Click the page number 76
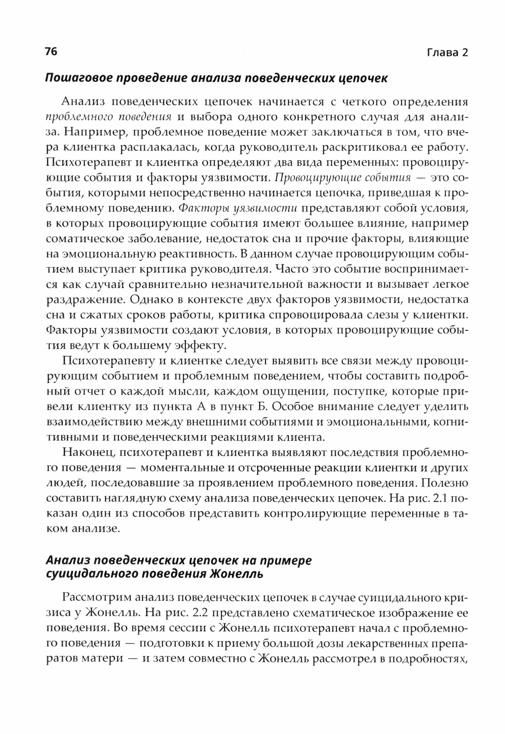click(51, 52)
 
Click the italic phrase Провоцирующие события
click(343, 178)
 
